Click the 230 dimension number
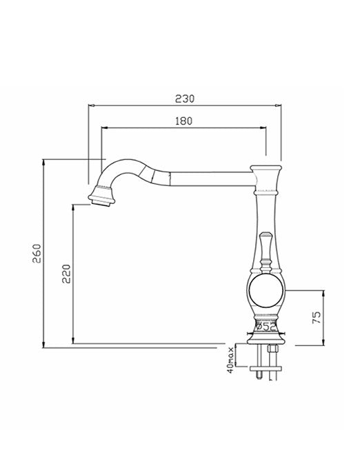(x=185, y=99)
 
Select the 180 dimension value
(x=183, y=120)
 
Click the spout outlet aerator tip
(x=101, y=198)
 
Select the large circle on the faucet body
(x=265, y=292)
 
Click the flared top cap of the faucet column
(x=266, y=168)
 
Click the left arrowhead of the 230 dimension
(x=90, y=105)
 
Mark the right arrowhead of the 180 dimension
(x=265, y=127)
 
